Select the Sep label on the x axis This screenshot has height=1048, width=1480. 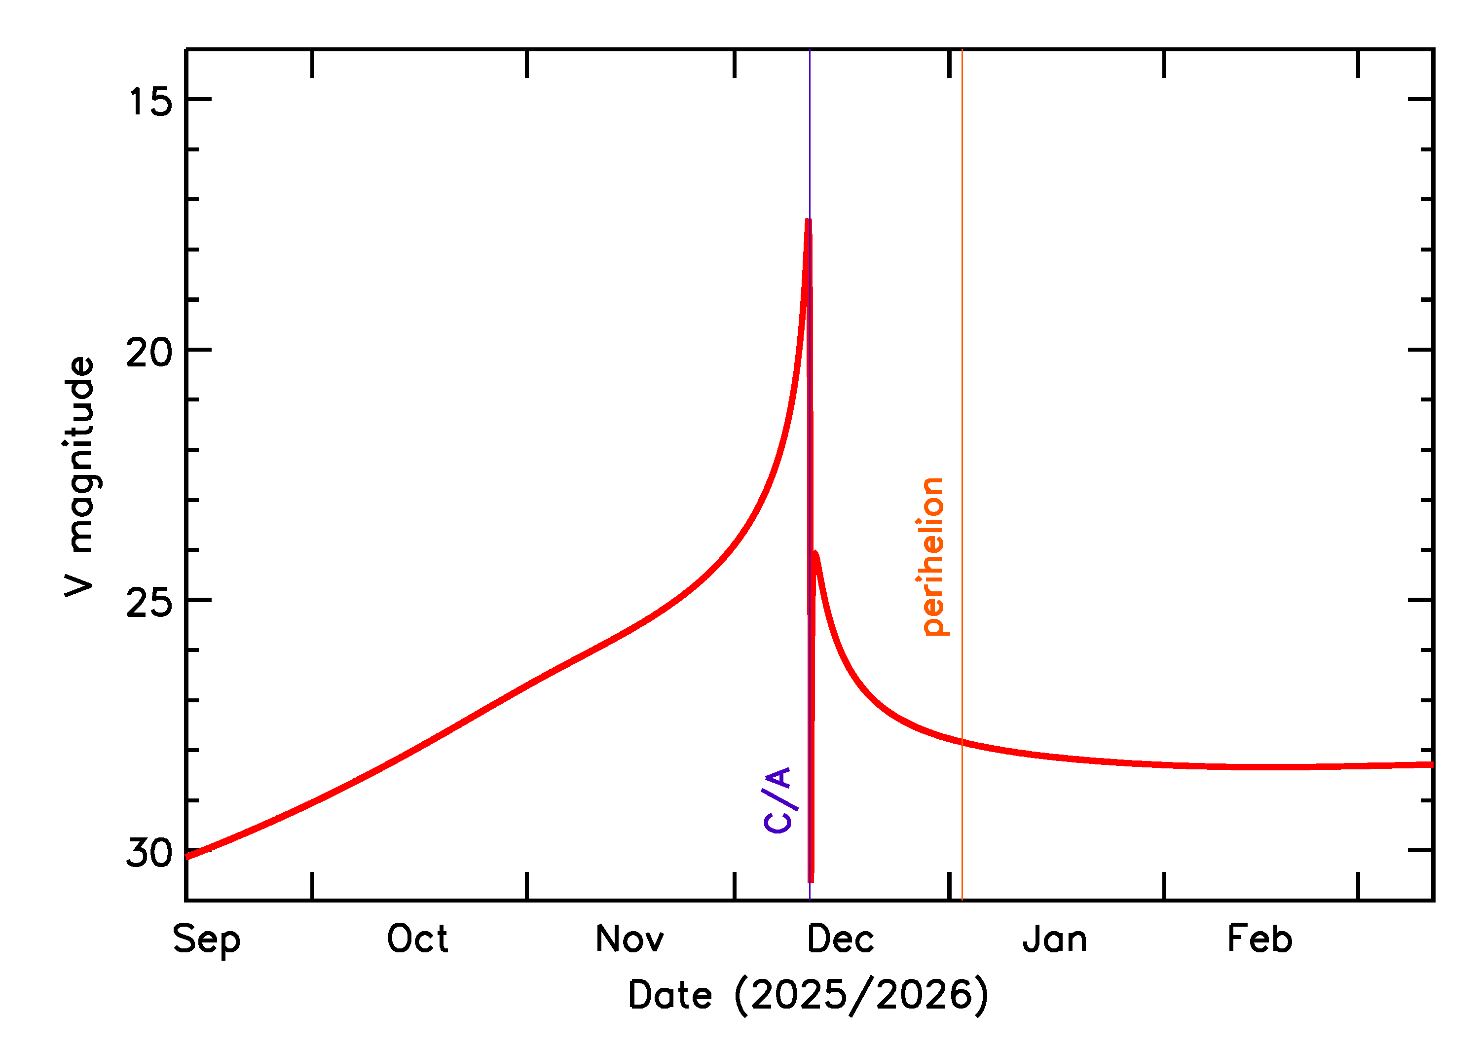pos(207,940)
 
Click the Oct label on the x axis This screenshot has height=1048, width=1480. pos(417,939)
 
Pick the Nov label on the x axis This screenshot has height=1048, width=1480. pos(629,939)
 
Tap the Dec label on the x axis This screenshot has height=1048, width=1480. pos(840,939)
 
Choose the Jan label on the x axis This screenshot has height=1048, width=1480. pos(1055,939)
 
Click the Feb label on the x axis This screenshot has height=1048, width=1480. pos(1260,939)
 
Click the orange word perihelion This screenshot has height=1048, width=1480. pos(933,557)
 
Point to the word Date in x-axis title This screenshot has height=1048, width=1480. pos(670,995)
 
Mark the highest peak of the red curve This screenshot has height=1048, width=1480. pos(808,221)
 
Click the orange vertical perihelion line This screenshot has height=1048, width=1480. pos(962,323)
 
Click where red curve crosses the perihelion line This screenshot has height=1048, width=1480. pos(962,742)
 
